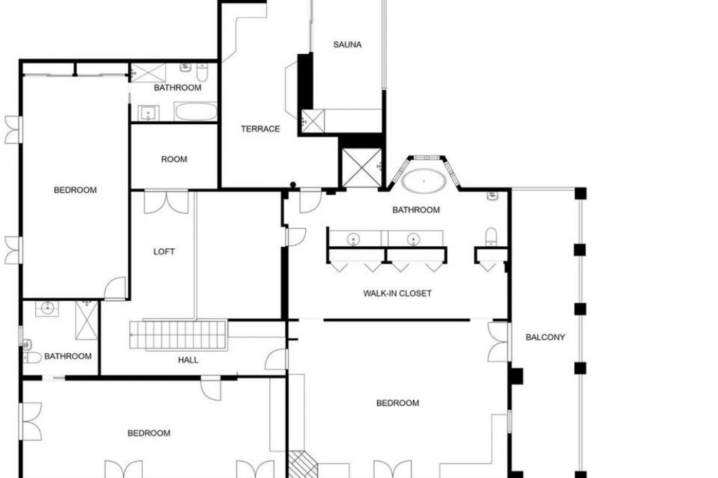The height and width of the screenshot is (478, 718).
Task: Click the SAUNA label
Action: [347, 44]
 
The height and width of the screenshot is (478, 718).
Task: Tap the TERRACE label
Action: [260, 128]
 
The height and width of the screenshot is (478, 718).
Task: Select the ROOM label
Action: [174, 159]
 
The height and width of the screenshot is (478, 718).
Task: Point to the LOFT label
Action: [164, 251]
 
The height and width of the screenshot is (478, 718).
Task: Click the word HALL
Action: [188, 360]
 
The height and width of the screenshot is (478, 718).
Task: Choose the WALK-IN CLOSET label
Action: [398, 293]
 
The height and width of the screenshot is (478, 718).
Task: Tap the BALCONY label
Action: [545, 337]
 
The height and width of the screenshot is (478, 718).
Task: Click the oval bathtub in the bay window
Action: [424, 181]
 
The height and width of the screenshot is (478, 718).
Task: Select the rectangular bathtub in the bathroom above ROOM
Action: [195, 111]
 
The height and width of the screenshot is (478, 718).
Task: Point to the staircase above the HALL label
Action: [179, 336]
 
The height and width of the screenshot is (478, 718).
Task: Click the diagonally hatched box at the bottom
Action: [302, 464]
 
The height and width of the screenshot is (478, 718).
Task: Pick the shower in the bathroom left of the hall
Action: [87, 320]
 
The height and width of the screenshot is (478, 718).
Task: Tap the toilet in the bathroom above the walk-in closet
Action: [491, 237]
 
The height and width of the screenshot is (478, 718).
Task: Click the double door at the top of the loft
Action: [167, 202]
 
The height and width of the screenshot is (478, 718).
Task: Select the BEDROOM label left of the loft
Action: [75, 190]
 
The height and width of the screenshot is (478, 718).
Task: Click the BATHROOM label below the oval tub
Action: [416, 210]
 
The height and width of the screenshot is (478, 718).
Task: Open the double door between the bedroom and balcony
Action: [499, 342]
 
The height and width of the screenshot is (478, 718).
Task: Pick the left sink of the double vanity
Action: [353, 238]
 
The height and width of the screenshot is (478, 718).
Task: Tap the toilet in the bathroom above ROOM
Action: [202, 72]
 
